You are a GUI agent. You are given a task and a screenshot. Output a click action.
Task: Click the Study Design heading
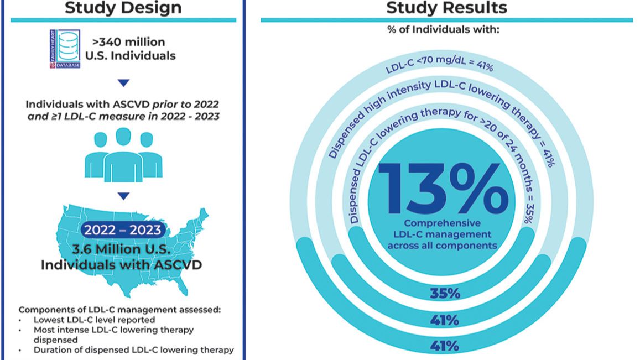coord(123,8)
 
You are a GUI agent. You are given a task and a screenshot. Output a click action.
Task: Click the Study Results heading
coord(446,8)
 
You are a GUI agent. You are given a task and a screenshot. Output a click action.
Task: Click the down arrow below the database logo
coord(124,83)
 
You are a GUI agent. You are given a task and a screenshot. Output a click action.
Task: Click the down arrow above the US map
coord(124,196)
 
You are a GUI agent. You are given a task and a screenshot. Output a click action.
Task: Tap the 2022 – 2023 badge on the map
coord(123,229)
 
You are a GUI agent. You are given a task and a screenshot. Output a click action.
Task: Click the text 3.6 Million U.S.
coord(123,249)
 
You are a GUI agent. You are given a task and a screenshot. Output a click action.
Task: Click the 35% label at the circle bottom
coord(445,293)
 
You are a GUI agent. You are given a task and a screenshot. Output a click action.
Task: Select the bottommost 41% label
coord(445,346)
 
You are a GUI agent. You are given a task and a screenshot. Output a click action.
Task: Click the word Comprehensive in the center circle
coord(443,223)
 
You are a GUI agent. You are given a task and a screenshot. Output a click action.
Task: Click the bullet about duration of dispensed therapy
coord(133,349)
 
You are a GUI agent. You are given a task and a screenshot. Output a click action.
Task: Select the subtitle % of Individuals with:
coord(446,29)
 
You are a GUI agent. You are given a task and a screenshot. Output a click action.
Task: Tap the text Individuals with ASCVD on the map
coord(122,265)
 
